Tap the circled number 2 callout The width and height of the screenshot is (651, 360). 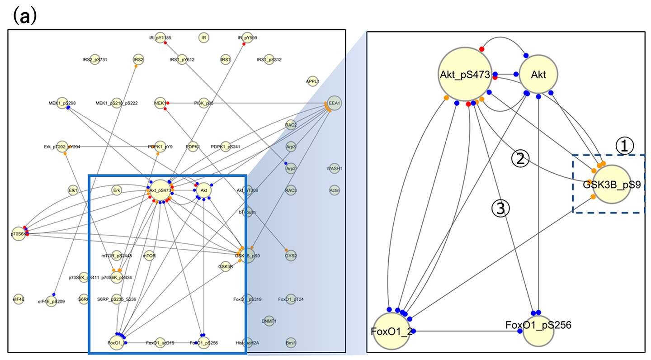[520, 158]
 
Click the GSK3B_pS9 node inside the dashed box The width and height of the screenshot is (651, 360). [611, 184]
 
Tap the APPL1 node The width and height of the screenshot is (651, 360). [312, 81]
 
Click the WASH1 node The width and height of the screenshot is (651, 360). [335, 169]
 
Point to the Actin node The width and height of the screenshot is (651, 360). [335, 190]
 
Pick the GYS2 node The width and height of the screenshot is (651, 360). [291, 256]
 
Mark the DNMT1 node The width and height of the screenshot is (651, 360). [269, 321]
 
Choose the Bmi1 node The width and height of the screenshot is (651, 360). [291, 342]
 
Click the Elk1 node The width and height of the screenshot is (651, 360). [73, 190]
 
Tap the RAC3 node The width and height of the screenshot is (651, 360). [291, 190]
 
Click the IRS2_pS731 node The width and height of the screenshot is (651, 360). [94, 60]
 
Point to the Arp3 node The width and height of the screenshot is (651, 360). [291, 147]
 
